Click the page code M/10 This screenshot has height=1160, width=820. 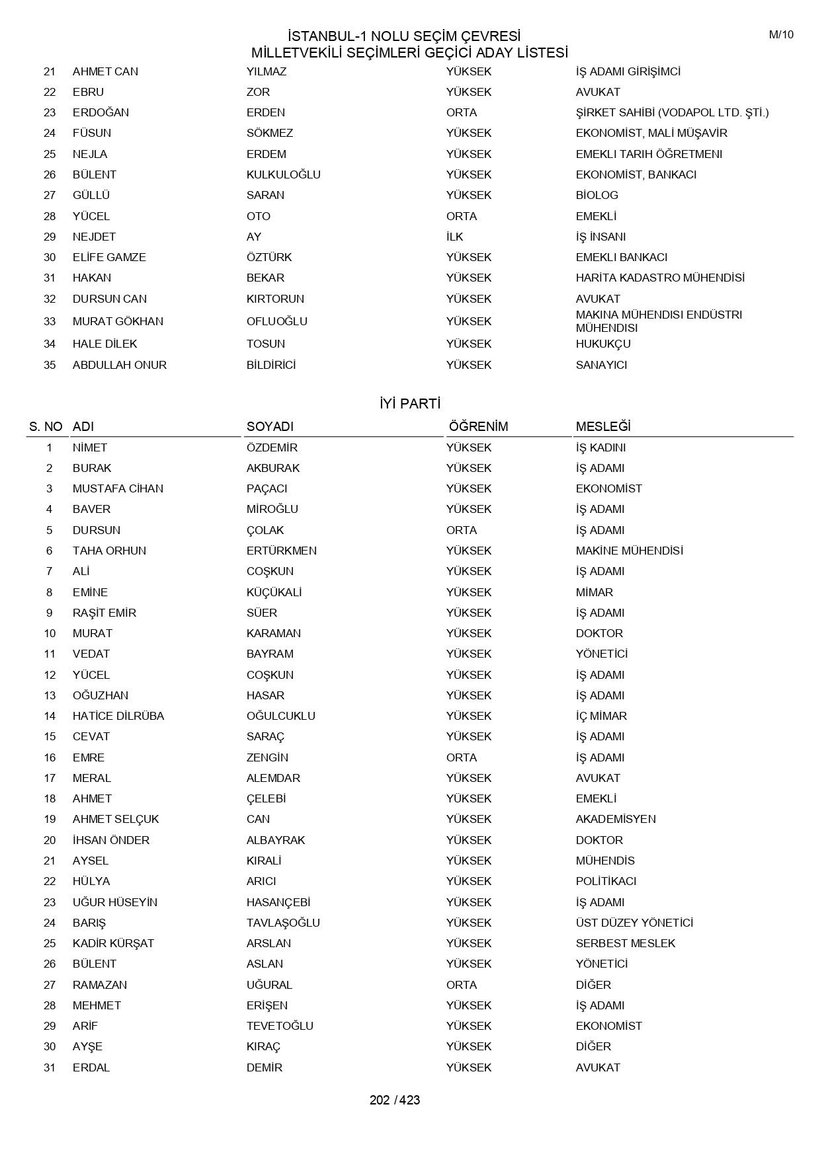click(x=781, y=35)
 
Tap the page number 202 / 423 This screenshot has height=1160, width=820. click(x=395, y=1100)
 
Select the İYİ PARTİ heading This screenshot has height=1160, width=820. click(x=410, y=404)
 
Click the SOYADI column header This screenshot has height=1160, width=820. click(x=270, y=426)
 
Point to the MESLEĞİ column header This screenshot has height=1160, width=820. click(x=603, y=426)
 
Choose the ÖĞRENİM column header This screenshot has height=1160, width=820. click(x=478, y=426)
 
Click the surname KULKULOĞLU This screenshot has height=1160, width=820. click(x=283, y=174)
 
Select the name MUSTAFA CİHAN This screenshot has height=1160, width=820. click(x=118, y=488)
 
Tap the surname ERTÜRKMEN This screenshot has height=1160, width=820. click(x=281, y=551)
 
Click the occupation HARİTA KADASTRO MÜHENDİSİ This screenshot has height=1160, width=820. click(x=660, y=278)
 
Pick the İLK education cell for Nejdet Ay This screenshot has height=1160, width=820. click(x=455, y=237)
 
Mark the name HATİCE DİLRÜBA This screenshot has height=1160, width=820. click(x=118, y=716)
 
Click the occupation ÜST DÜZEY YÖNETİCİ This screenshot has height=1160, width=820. click(x=634, y=923)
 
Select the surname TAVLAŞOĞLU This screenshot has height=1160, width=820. click(x=283, y=923)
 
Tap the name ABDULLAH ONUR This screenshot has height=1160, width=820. click(x=119, y=365)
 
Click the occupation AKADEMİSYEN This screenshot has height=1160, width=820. click(x=616, y=819)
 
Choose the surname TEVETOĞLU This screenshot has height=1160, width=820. click(x=280, y=1026)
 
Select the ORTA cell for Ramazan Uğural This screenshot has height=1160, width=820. click(x=462, y=985)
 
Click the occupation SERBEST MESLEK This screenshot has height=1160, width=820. click(x=625, y=943)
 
